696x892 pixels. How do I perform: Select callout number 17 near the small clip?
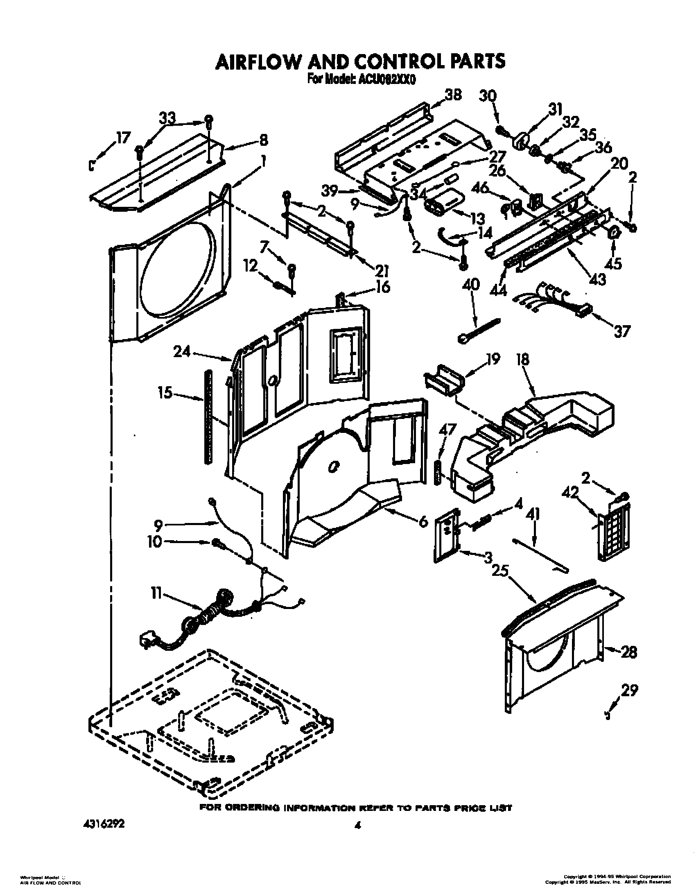tap(123, 137)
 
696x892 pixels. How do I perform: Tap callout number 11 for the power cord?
tap(156, 593)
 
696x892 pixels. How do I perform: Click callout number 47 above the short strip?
tap(447, 430)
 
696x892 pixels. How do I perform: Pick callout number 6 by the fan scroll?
tap(423, 521)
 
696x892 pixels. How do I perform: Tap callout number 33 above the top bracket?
tap(167, 118)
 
